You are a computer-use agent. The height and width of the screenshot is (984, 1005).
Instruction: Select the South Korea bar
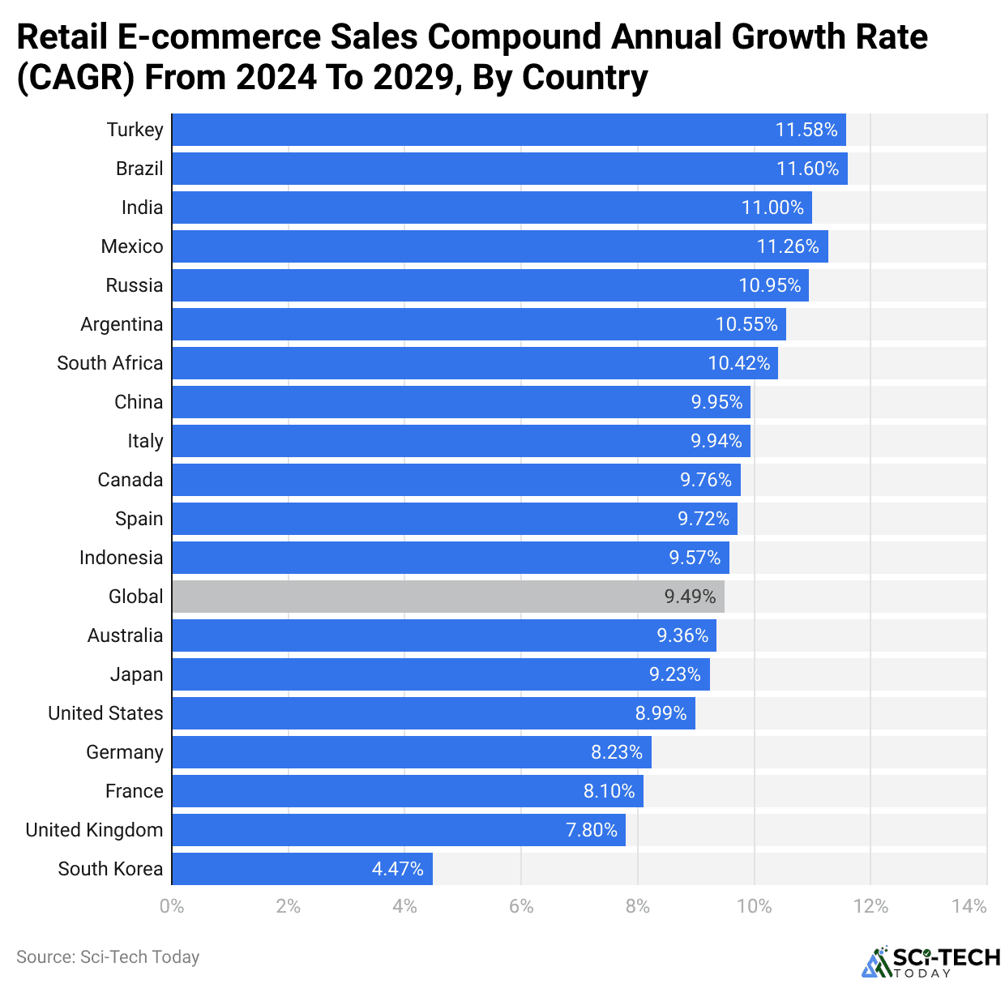301,869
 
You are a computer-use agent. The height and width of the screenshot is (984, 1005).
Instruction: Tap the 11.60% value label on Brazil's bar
807,169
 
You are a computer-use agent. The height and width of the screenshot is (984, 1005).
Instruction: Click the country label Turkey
135,130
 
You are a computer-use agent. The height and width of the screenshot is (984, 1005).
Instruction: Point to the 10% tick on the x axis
754,906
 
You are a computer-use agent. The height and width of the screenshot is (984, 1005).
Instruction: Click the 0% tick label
172,906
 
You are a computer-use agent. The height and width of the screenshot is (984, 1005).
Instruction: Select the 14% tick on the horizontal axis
969,906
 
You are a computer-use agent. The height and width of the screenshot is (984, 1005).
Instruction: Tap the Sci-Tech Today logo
930,961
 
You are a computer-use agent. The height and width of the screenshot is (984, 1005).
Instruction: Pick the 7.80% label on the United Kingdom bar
592,830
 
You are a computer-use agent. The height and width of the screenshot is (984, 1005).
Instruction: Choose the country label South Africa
109,363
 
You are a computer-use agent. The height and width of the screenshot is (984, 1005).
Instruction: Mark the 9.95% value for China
716,402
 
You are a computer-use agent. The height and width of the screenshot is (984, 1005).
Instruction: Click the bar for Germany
412,752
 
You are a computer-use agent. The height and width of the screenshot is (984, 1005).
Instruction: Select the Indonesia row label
121,558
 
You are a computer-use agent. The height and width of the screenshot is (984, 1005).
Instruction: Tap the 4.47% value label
397,869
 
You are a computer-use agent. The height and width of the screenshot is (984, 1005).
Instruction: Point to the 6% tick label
521,906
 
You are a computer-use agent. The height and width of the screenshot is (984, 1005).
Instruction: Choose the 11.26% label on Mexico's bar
788,246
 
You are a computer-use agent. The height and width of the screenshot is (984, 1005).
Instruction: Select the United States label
105,713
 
